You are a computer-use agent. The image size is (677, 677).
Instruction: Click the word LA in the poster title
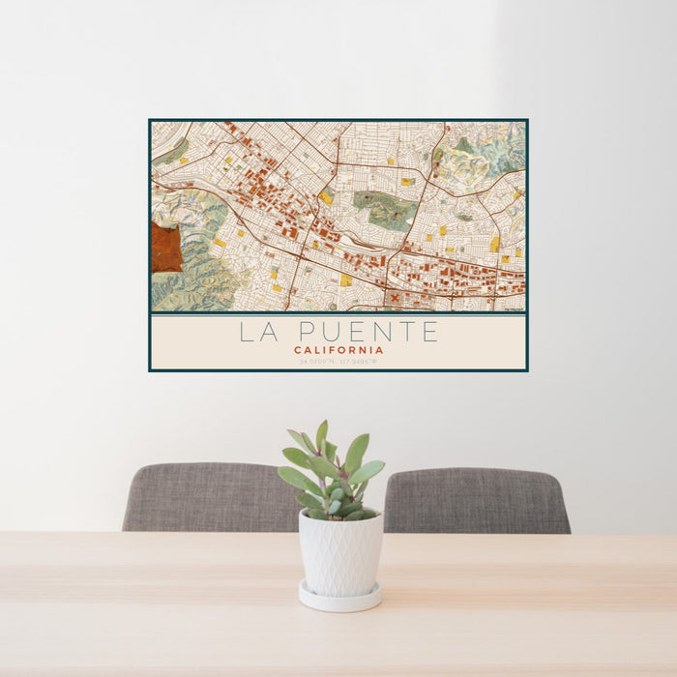[257, 333]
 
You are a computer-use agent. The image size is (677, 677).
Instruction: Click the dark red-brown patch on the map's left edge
[164, 248]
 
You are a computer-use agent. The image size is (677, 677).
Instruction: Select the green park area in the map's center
[386, 208]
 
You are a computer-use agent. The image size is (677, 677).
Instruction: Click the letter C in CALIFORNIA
[297, 350]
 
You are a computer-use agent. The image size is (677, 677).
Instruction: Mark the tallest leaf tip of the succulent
[322, 423]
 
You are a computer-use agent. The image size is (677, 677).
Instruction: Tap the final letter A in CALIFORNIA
[380, 350]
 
